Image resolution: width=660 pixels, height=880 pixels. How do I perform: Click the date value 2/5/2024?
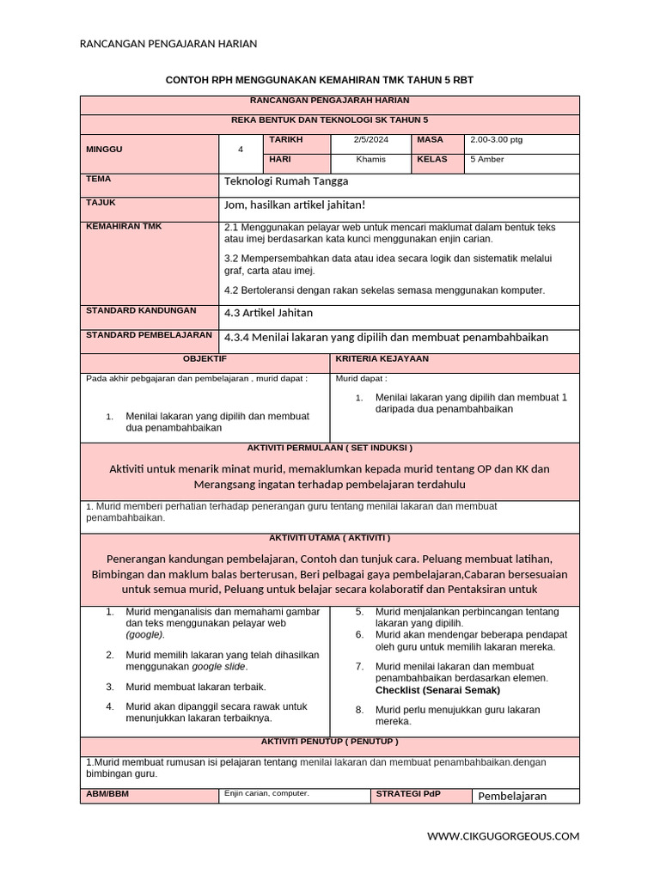[371, 140]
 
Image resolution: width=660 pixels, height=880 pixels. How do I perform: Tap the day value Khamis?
[371, 160]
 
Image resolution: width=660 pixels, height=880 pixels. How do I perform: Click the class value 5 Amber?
[487, 160]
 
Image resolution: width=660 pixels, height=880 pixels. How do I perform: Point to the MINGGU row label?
[105, 150]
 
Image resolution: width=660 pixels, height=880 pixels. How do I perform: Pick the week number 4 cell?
[241, 150]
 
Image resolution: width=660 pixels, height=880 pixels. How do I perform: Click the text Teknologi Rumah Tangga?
[286, 181]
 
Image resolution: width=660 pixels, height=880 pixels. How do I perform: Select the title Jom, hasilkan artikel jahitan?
[295, 204]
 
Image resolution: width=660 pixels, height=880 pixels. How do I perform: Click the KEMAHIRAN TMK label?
[124, 226]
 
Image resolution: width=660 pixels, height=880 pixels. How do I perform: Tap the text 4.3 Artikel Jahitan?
[268, 313]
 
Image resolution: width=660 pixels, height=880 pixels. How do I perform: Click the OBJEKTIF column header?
[205, 358]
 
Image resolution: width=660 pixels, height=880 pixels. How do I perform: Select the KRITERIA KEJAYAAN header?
[382, 358]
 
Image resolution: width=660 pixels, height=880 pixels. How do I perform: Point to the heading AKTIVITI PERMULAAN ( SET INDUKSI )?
[329, 448]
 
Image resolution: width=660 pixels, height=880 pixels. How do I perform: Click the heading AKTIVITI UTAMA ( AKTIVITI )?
[329, 538]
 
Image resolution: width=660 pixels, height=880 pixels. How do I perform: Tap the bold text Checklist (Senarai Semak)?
[437, 690]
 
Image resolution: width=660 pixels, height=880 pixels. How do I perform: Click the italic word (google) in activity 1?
[144, 634]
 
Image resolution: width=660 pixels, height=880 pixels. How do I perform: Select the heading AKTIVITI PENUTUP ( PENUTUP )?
[329, 741]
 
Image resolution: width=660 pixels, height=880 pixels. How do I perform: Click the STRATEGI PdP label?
[407, 794]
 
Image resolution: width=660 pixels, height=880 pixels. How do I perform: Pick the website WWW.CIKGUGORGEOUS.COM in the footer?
[504, 836]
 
